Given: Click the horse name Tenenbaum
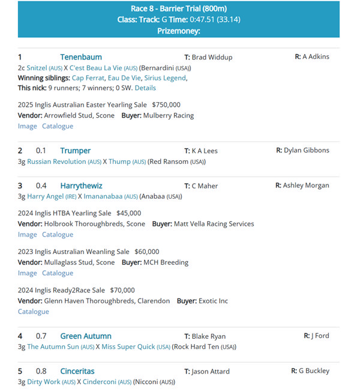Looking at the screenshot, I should pos(81,57).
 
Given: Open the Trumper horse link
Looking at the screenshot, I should pos(75,151).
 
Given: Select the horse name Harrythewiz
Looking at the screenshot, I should pos(82,186).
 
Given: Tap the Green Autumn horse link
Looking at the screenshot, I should pos(86,336).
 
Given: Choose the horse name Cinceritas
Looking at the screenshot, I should pos(77,371).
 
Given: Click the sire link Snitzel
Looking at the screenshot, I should pos(37,68).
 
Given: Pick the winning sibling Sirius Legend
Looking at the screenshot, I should pos(166,78).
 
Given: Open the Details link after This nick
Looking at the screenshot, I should pos(145,88).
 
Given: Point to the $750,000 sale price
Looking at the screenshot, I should pos(166,105).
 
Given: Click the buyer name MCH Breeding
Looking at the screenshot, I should pos(166,262).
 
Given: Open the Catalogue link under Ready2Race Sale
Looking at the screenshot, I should pos(34,312).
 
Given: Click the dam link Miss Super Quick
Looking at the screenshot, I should pos(128,347).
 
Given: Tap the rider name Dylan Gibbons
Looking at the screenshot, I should pos(307,150).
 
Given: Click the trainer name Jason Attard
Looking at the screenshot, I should pos(211,371).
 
